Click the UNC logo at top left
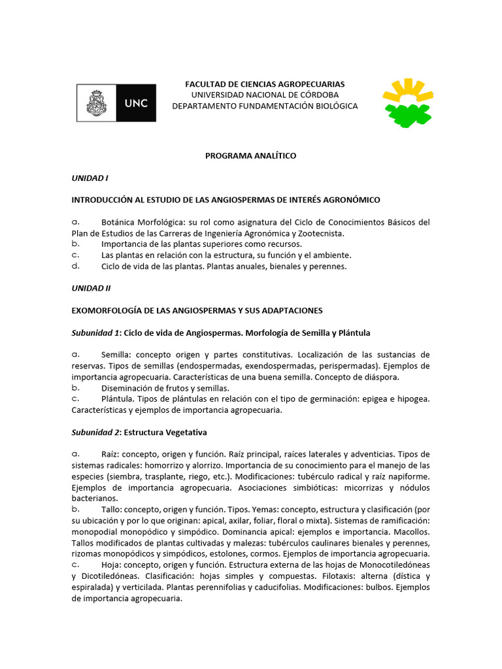[116, 103]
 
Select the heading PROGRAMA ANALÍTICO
[251, 155]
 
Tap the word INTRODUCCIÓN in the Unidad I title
[105, 200]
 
